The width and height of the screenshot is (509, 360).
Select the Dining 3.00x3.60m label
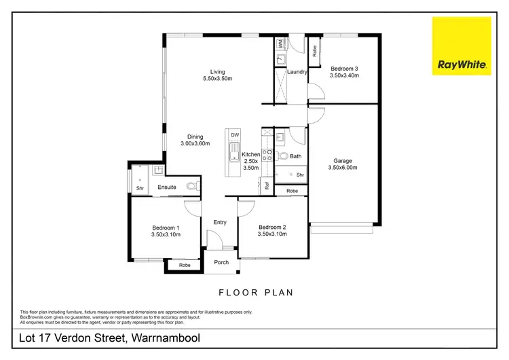(195, 140)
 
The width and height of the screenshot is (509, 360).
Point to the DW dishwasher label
(235, 135)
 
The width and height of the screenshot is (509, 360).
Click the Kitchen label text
(251, 155)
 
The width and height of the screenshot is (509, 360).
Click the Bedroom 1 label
(166, 228)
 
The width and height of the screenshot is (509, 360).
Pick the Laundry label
(298, 72)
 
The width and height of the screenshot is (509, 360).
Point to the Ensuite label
(167, 187)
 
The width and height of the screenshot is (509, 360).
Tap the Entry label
(220, 222)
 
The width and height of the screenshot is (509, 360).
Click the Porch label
(221, 263)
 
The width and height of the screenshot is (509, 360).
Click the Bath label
(295, 156)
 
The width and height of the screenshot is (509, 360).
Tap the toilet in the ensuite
(190, 185)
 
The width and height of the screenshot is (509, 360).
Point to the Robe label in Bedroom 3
(315, 48)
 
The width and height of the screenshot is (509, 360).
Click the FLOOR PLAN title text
(255, 293)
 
